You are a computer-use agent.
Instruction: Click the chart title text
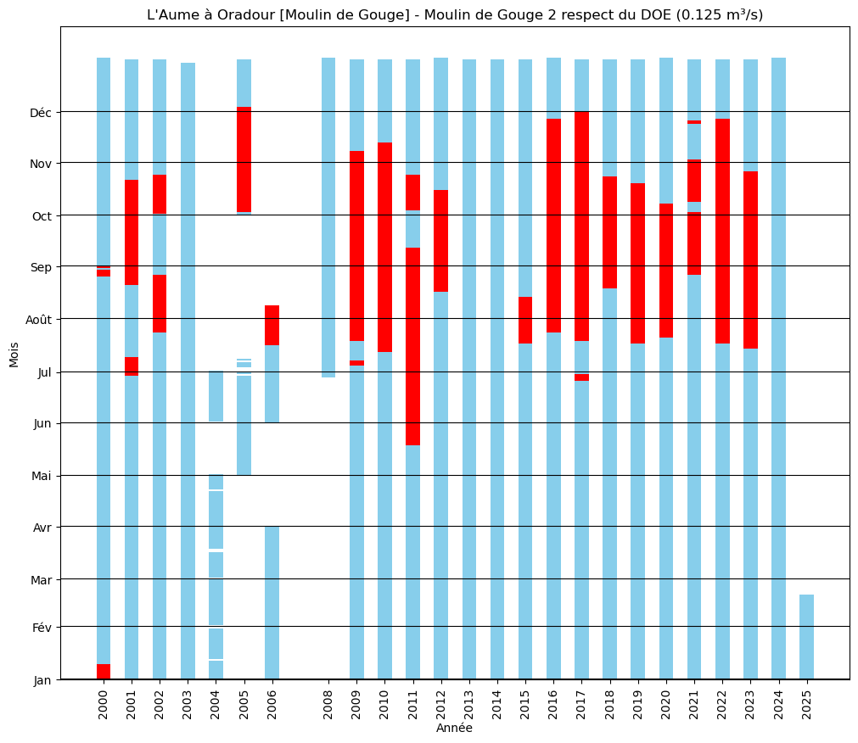[x=455, y=14]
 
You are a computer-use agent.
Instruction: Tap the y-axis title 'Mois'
[x=14, y=355]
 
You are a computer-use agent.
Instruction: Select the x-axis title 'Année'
[x=454, y=728]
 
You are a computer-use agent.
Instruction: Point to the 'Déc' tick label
[x=41, y=113]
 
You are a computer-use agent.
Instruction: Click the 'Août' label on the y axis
[x=40, y=320]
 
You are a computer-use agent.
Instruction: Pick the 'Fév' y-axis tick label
[x=42, y=628]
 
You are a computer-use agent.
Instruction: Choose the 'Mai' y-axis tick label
[x=41, y=476]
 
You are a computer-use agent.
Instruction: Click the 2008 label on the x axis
[x=328, y=704]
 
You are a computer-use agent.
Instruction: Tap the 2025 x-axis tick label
[x=806, y=704]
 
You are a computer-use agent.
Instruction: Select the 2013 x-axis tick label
[x=469, y=704]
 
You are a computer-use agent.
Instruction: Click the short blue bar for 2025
[x=806, y=636]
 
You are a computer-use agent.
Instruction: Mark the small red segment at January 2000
[x=104, y=671]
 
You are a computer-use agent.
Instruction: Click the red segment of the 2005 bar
[x=244, y=159]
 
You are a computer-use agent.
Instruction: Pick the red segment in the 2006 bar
[x=272, y=325]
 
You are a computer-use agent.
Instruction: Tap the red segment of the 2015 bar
[x=525, y=320]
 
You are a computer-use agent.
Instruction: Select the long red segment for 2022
[x=722, y=231]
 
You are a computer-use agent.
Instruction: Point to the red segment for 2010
[x=384, y=247]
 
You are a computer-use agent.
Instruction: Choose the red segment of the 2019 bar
[x=637, y=263]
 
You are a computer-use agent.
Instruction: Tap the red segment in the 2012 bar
[x=440, y=241]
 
